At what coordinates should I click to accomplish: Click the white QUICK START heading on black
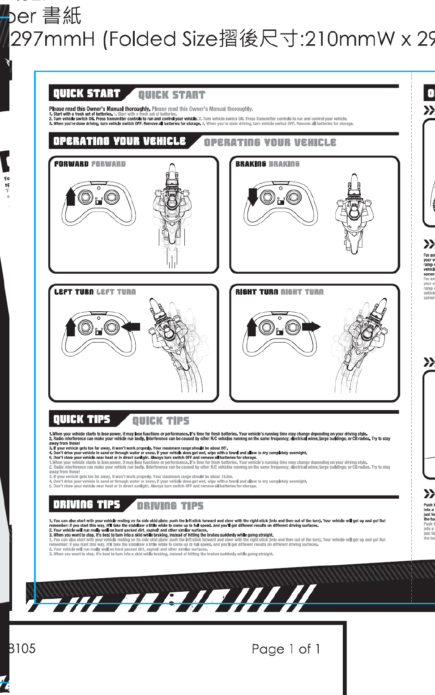click(87, 93)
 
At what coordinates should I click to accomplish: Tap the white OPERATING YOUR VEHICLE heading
click(119, 141)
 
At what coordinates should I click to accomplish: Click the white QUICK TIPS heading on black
click(81, 419)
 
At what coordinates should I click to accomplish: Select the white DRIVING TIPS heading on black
click(87, 504)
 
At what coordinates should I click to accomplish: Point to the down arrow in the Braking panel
click(252, 196)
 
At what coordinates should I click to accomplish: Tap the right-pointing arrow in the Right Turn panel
click(311, 326)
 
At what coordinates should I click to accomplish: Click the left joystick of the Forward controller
click(85, 196)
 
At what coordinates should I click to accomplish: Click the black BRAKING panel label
click(251, 164)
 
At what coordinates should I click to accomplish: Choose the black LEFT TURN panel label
click(74, 292)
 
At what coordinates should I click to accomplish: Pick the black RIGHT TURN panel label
click(257, 292)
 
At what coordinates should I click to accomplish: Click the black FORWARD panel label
click(72, 164)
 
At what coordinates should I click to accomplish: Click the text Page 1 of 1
click(286, 649)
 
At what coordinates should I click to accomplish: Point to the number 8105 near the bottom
click(22, 648)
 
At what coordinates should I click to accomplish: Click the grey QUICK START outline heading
click(172, 95)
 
